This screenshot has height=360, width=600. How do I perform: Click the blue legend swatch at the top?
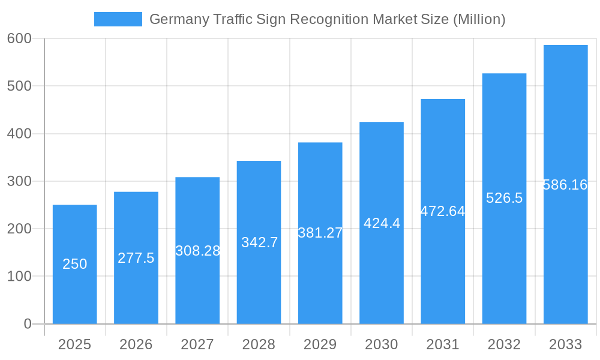tap(118, 19)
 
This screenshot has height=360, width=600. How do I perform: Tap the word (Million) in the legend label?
tap(479, 19)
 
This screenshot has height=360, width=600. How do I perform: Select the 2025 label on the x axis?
tap(74, 344)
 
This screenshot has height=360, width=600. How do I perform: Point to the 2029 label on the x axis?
tap(320, 344)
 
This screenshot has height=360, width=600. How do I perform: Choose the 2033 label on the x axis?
tap(565, 344)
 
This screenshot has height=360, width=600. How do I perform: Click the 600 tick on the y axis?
tap(19, 38)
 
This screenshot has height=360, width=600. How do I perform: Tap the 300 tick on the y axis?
tap(19, 181)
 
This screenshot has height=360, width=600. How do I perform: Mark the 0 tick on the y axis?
tap(28, 324)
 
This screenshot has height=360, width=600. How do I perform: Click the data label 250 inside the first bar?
tap(74, 264)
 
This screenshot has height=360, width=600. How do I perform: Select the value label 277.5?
tap(136, 258)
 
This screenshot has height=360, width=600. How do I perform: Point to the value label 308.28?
tap(197, 251)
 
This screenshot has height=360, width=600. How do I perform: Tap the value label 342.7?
tap(259, 242)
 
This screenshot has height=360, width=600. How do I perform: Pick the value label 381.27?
tap(320, 233)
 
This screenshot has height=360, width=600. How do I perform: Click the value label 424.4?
tap(382, 223)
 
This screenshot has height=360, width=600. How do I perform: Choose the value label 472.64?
tap(443, 211)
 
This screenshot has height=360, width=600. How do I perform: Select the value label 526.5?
tap(504, 198)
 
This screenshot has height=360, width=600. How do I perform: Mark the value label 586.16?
tap(565, 185)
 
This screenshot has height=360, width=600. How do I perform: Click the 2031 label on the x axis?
tap(443, 344)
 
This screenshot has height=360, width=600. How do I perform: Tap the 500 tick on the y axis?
tap(19, 86)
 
